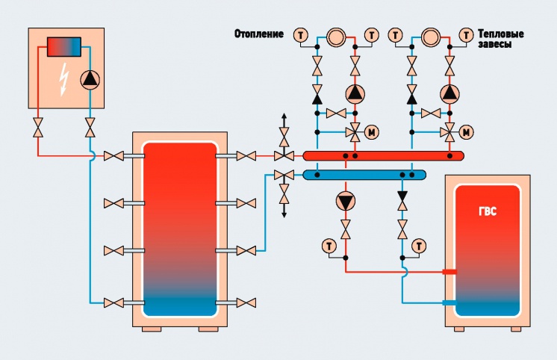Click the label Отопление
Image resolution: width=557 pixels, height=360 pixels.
258,34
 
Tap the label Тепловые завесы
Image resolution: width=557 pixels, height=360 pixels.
500,39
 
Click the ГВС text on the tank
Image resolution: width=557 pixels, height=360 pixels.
487,211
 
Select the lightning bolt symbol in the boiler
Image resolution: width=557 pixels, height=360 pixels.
64,79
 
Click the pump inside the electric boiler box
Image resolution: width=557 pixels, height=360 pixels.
90,80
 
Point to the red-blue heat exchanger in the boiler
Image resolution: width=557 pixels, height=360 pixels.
64,46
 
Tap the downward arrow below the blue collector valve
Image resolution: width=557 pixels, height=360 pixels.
284,210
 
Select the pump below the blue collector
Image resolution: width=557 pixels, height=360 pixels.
345,202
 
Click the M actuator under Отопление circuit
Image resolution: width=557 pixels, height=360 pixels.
372,132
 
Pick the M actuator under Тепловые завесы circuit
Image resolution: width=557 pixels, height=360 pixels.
466,132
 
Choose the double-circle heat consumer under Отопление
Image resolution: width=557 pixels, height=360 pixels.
336,37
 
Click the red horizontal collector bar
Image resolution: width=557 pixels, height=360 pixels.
383,155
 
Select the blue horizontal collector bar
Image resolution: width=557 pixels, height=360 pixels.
364,175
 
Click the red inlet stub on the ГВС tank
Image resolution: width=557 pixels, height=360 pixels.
449,272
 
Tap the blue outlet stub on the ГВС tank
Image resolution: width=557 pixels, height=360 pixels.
449,302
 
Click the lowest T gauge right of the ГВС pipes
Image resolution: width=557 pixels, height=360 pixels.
419,246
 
